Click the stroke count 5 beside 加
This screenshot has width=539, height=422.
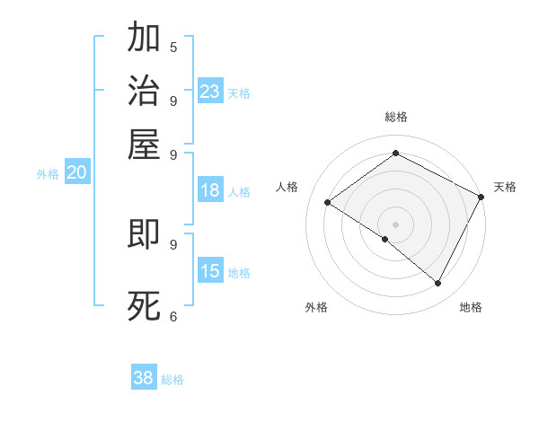pyautogui.click(x=173, y=47)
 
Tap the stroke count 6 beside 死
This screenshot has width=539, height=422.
pyautogui.click(x=173, y=315)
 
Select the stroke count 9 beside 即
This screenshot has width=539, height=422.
pyautogui.click(x=173, y=243)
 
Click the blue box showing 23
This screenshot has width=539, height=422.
pyautogui.click(x=210, y=92)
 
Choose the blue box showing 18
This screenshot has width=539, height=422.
pyautogui.click(x=210, y=190)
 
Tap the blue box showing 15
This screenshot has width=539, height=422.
pyautogui.click(x=210, y=271)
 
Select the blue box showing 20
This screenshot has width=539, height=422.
pyautogui.click(x=76, y=173)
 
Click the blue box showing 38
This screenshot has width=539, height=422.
pyautogui.click(x=144, y=378)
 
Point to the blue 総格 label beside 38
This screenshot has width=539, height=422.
pyautogui.click(x=172, y=380)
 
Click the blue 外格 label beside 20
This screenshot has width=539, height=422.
pyautogui.click(x=48, y=175)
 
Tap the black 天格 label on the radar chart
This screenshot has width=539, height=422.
pyautogui.click(x=505, y=187)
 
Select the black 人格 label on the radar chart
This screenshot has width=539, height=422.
pyautogui.click(x=287, y=187)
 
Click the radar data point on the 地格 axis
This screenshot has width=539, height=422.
pyautogui.click(x=438, y=284)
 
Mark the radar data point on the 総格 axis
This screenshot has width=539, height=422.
pyautogui.click(x=395, y=154)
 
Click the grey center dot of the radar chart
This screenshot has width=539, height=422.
pyautogui.click(x=395, y=224)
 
